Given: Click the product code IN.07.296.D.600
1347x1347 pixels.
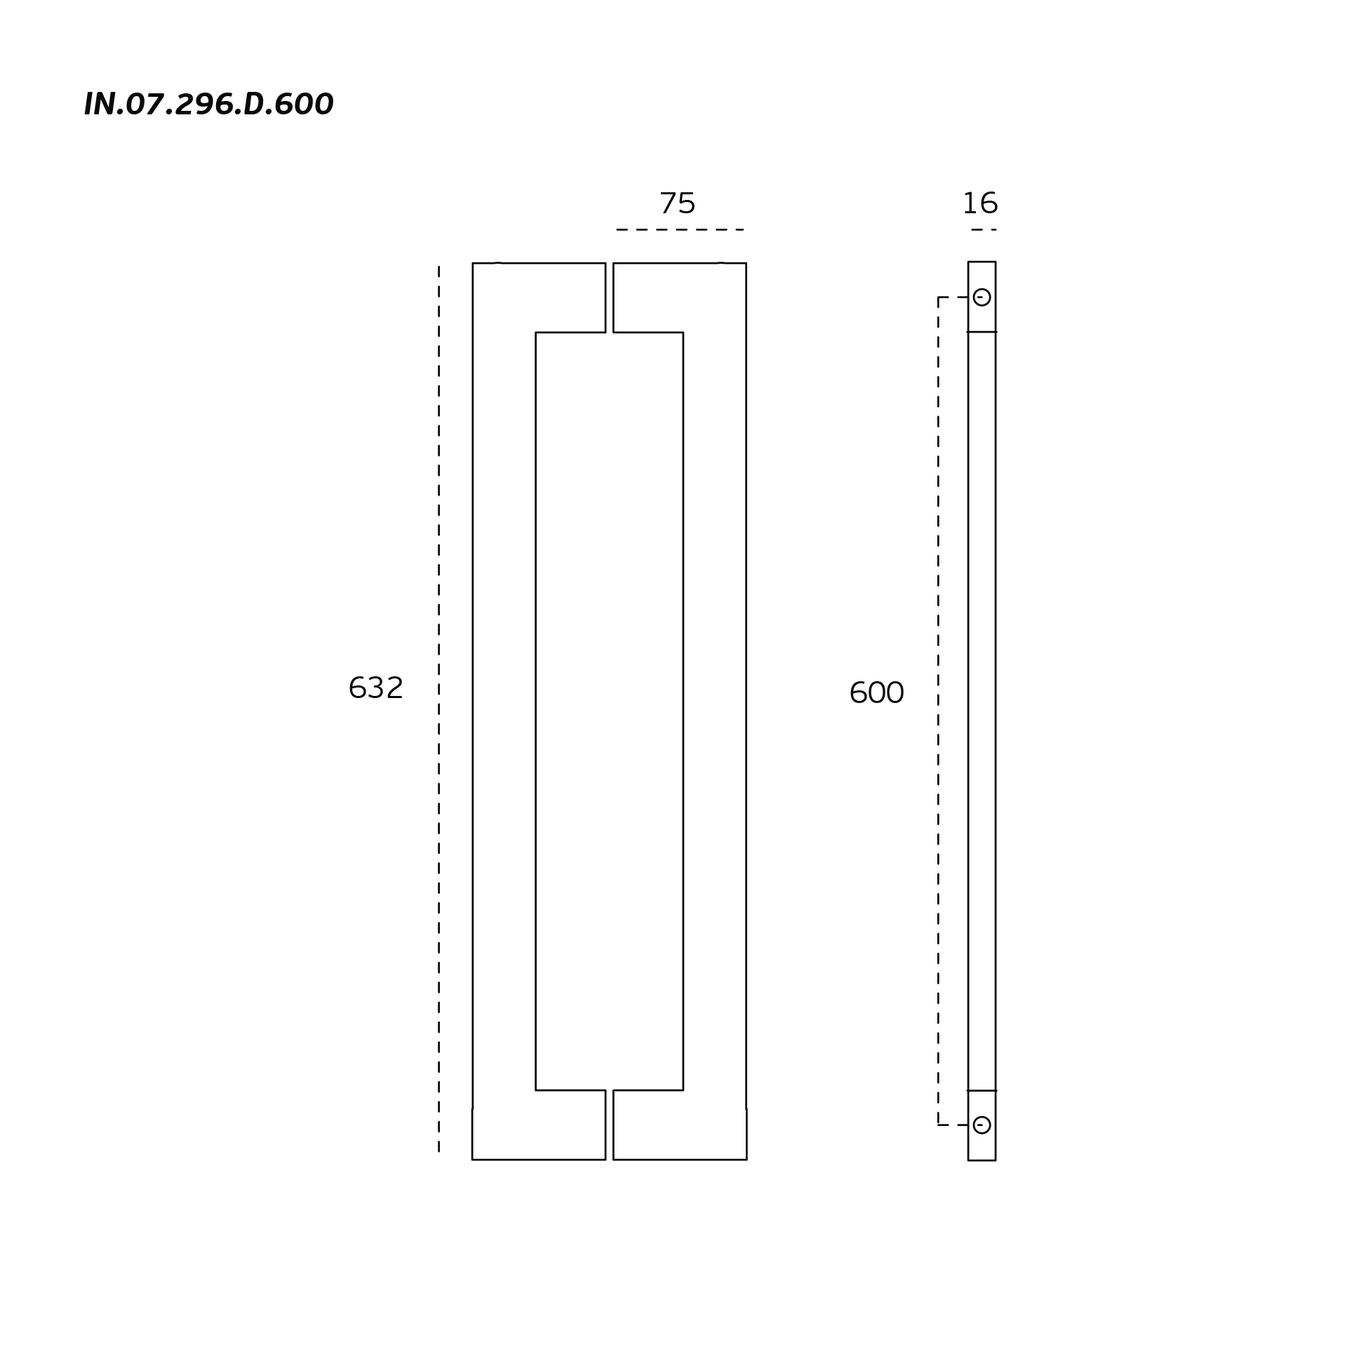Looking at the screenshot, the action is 208,105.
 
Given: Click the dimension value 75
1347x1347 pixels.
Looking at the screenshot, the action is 678,204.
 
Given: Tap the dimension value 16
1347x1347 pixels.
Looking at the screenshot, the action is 980,204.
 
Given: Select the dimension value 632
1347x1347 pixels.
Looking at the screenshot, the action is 376,688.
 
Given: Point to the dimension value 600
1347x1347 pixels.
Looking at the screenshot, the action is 877,693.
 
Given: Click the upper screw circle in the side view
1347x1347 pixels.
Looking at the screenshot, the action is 982,297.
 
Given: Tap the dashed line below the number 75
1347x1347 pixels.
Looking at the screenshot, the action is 680,229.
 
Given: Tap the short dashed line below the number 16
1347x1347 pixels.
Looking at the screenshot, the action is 984,229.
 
